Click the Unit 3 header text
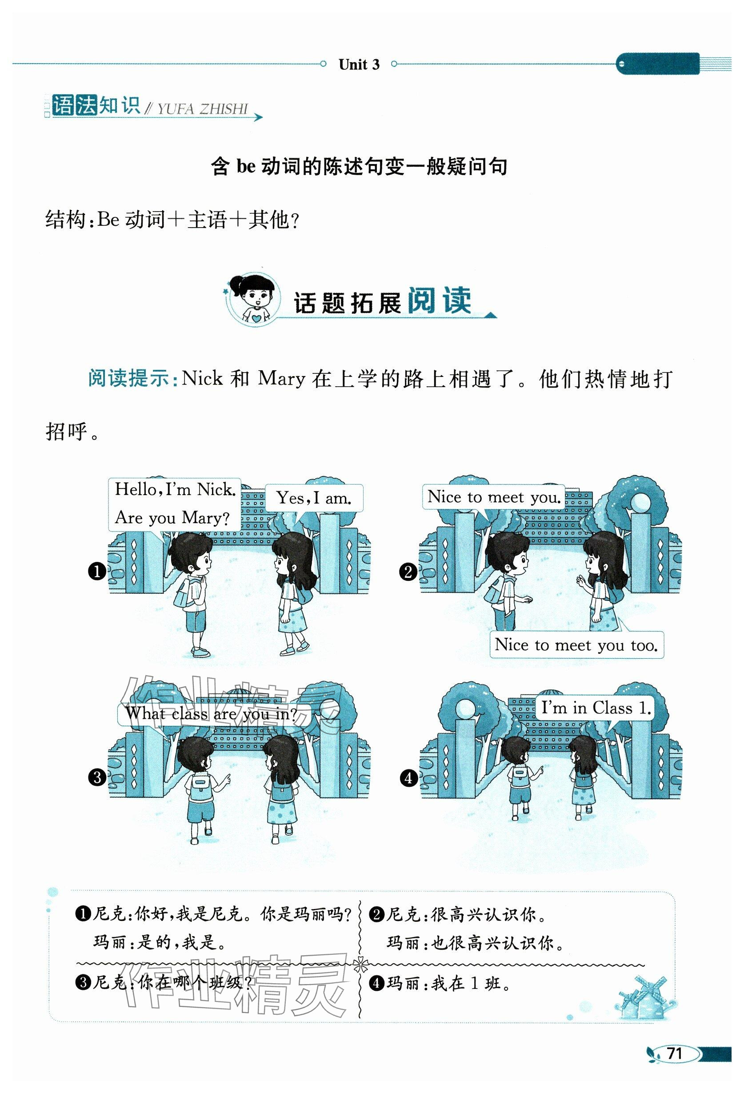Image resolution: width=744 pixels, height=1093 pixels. point(359,64)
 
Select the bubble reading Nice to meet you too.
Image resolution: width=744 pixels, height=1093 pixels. point(576,645)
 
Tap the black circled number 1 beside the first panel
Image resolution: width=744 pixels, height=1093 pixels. point(97,572)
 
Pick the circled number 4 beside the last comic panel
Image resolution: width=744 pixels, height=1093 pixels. point(409,778)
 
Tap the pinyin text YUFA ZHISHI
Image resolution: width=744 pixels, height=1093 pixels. point(203,110)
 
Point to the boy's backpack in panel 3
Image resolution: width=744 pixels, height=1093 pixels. point(200,784)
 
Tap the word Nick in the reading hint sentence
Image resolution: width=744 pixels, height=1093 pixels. point(202,378)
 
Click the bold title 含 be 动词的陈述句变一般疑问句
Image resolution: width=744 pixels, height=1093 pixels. point(359,167)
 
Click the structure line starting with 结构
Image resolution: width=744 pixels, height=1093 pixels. point(172,220)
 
